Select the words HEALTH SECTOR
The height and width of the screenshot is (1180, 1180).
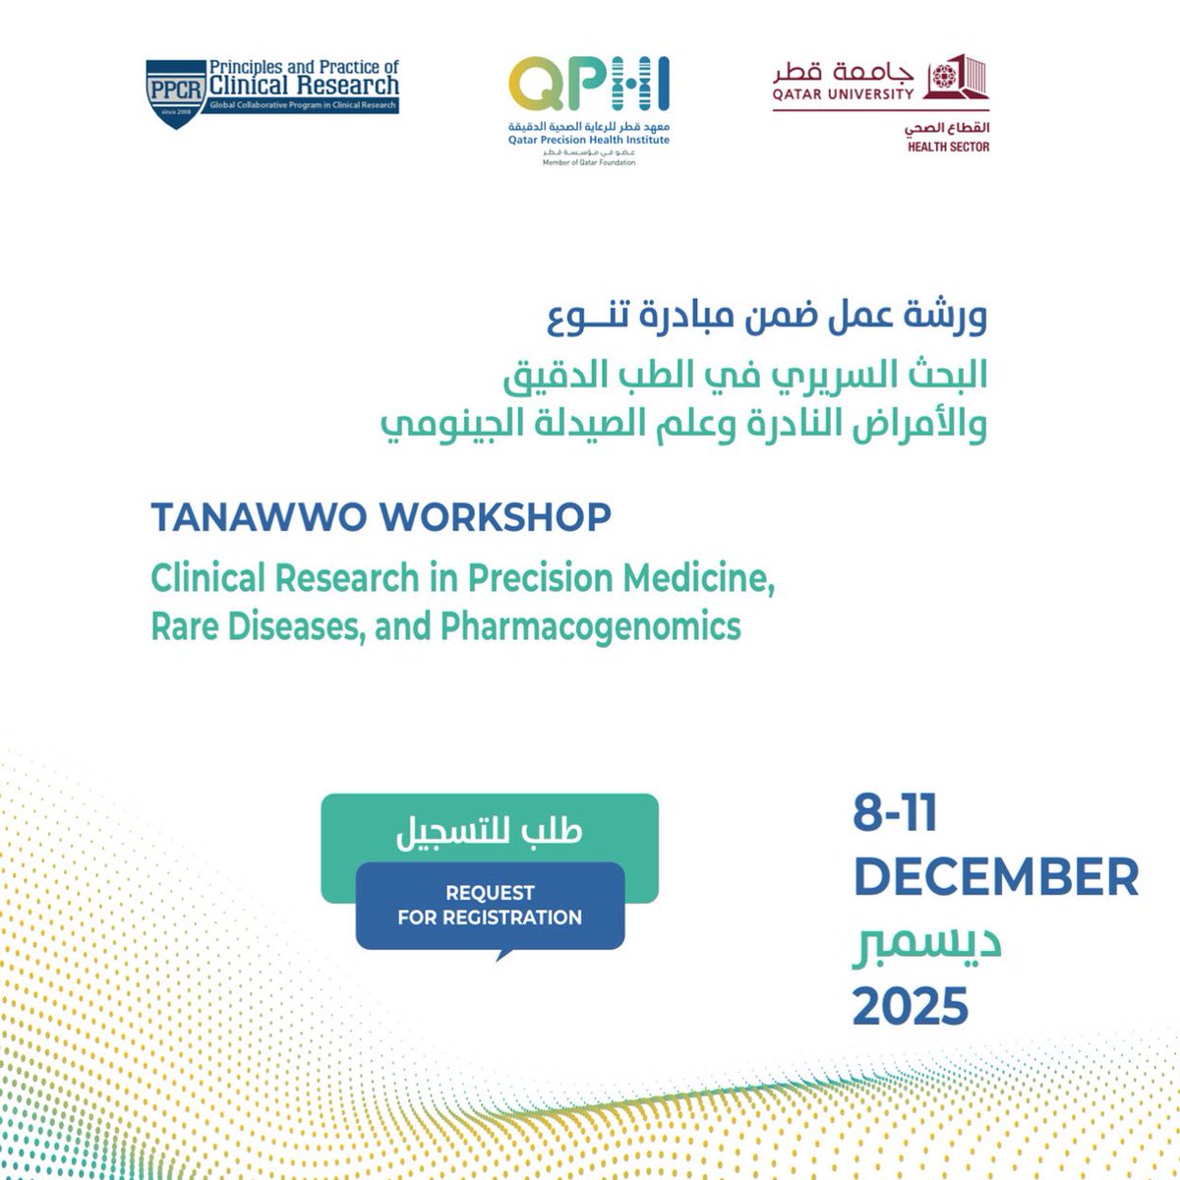948,147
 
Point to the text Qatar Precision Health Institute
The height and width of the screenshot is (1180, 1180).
588,141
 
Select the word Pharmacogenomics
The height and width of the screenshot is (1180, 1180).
591,626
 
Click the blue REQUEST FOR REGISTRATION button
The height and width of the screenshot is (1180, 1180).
490,906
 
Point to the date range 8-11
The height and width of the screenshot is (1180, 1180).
895,815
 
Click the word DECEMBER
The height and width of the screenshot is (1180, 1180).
995,877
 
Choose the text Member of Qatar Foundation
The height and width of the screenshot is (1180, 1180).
588,162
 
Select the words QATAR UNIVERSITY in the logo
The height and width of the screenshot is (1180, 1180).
843,94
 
